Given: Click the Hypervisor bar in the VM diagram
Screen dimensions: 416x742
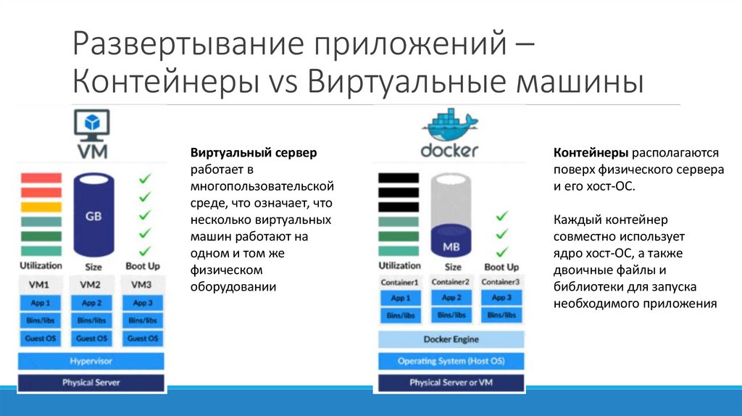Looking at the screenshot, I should (91, 361).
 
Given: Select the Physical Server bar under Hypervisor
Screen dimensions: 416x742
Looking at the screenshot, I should (91, 382).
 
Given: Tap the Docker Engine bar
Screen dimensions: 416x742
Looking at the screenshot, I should (451, 339).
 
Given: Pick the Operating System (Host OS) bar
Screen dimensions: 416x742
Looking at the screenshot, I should (451, 361).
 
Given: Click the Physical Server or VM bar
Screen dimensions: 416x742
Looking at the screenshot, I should (451, 382).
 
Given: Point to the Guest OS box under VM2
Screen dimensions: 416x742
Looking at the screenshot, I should (92, 338).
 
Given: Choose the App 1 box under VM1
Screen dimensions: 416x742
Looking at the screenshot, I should (41, 303).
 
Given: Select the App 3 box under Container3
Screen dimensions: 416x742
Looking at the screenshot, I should (501, 298).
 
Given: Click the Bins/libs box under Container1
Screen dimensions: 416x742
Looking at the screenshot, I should (400, 315).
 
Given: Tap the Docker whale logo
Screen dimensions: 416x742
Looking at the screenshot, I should (449, 125).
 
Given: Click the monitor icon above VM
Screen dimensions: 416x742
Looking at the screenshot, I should (92, 123).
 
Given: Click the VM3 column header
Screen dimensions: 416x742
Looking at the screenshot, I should (142, 284).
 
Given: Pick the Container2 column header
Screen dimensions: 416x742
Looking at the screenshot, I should (451, 282).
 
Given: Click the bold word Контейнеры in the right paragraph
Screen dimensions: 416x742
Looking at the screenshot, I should (591, 154).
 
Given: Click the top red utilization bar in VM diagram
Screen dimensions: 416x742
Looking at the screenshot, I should (41, 178).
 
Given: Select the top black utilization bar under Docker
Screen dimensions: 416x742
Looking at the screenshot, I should (399, 178).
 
